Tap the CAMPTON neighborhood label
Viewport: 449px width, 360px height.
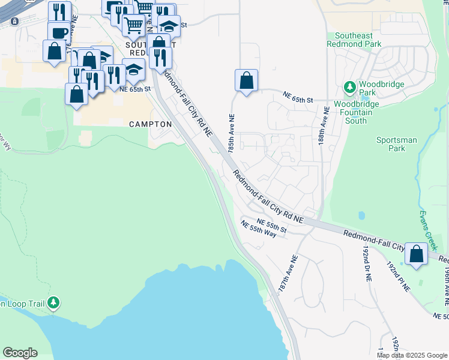[151, 124]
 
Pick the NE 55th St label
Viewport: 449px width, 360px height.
[269, 226]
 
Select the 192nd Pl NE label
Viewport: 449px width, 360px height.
[397, 276]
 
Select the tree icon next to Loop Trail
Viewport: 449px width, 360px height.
[54, 302]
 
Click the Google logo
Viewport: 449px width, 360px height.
[20, 353]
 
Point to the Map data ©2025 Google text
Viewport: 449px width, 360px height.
[411, 355]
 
